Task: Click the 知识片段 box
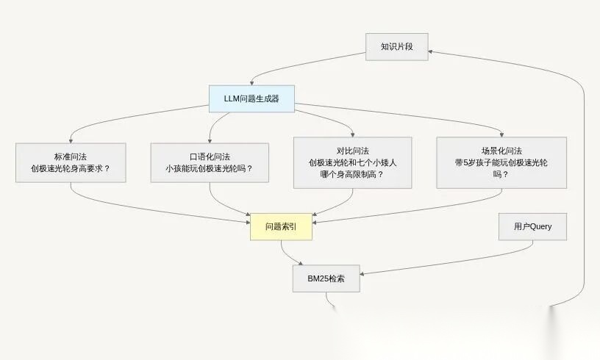pyautogui.click(x=397, y=46)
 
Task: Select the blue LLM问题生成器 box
pyautogui.click(x=251, y=98)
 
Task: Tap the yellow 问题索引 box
pyautogui.click(x=281, y=227)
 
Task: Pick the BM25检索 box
pyautogui.click(x=326, y=279)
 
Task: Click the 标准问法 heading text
pyautogui.click(x=70, y=156)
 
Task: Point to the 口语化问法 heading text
pyautogui.click(x=210, y=156)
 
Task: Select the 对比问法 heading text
pyautogui.click(x=353, y=150)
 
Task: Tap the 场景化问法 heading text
pyautogui.click(x=501, y=150)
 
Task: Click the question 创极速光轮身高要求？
pyautogui.click(x=70, y=169)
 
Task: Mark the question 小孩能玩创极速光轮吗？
pyautogui.click(x=210, y=169)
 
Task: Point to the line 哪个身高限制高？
pyautogui.click(x=352, y=175)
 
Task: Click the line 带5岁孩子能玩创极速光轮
pyautogui.click(x=501, y=162)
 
